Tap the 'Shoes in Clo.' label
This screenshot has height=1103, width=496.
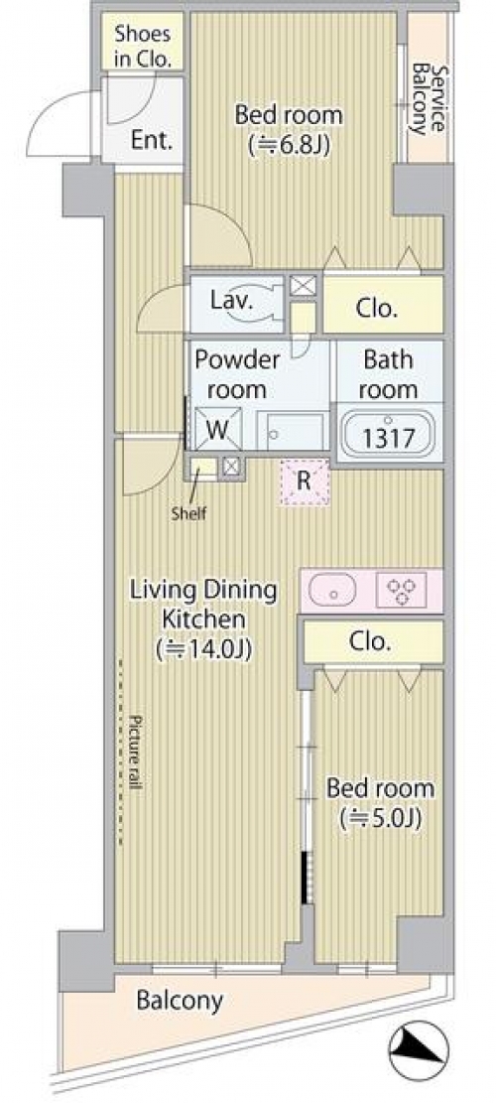(x=143, y=46)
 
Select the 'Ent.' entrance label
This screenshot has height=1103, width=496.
(x=151, y=140)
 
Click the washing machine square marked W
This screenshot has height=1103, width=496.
(x=218, y=429)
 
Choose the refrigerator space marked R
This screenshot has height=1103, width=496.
(x=305, y=483)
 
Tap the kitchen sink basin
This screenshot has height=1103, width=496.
(x=330, y=590)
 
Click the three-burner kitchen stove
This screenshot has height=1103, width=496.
(x=401, y=590)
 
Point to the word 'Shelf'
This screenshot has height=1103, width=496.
(x=189, y=513)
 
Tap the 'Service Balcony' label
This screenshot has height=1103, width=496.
(x=428, y=100)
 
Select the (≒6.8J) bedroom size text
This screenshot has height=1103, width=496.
(x=289, y=146)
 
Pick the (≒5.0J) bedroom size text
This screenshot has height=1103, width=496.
(x=380, y=819)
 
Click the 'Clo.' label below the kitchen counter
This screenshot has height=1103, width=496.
(x=370, y=640)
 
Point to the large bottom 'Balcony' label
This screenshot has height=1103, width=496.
(x=180, y=1001)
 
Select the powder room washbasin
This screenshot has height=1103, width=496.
(x=291, y=431)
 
